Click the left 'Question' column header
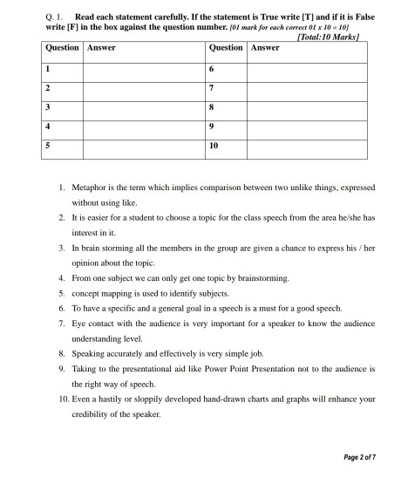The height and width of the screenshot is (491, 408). (x=62, y=47)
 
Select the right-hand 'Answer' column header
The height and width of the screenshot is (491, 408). (x=265, y=47)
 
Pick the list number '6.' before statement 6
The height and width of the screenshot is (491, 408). (x=63, y=309)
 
